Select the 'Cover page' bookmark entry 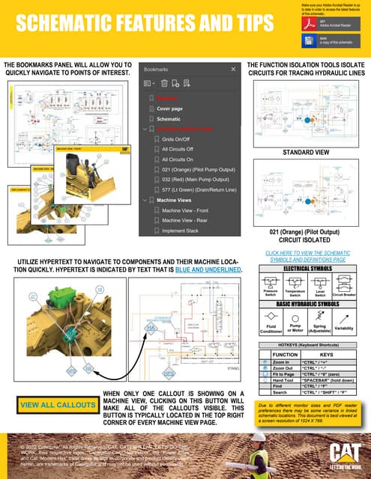(x=172, y=109)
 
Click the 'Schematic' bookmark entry (x=169, y=119)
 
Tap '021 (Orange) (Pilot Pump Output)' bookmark (x=196, y=169)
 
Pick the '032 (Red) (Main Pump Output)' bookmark (x=196, y=180)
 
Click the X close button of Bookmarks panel (x=233, y=68)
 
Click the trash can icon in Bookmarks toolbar (x=163, y=83)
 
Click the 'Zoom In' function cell (x=284, y=361)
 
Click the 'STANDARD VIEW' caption (x=307, y=153)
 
